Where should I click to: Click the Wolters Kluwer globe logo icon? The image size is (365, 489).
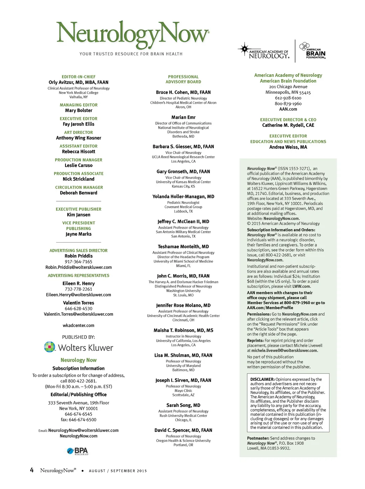pyautogui.click(x=50, y=347)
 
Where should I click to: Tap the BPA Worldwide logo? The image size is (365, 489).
pyautogui.click(x=78, y=451)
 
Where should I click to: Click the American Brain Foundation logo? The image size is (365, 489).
pyautogui.click(x=312, y=51)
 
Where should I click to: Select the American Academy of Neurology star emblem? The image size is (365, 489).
pyautogui.click(x=244, y=49)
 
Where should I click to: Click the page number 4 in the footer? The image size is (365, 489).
pyautogui.click(x=32, y=470)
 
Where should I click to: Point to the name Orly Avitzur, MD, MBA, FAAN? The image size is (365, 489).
pyautogui.click(x=78, y=82)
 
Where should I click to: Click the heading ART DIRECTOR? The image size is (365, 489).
pyautogui.click(x=78, y=132)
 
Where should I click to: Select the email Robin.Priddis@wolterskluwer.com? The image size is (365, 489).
pyautogui.click(x=78, y=268)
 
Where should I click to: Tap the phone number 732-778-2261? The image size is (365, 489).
pyautogui.click(x=78, y=289)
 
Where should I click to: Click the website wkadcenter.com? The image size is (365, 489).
pyautogui.click(x=78, y=326)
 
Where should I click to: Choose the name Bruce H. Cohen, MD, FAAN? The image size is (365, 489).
pyautogui.click(x=183, y=92)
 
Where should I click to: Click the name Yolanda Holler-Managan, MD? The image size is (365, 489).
pyautogui.click(x=183, y=197)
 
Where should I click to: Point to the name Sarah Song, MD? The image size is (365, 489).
pyautogui.click(x=183, y=406)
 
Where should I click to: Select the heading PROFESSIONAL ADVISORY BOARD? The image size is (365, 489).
pyautogui.click(x=183, y=79)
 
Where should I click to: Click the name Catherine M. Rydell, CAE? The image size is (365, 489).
pyautogui.click(x=288, y=125)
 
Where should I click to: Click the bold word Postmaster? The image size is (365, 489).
pyautogui.click(x=258, y=438)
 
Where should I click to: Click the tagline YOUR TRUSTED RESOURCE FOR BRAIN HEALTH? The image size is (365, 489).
pyautogui.click(x=131, y=54)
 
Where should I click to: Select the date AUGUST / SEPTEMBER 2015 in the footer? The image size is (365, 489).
pyautogui.click(x=118, y=471)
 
